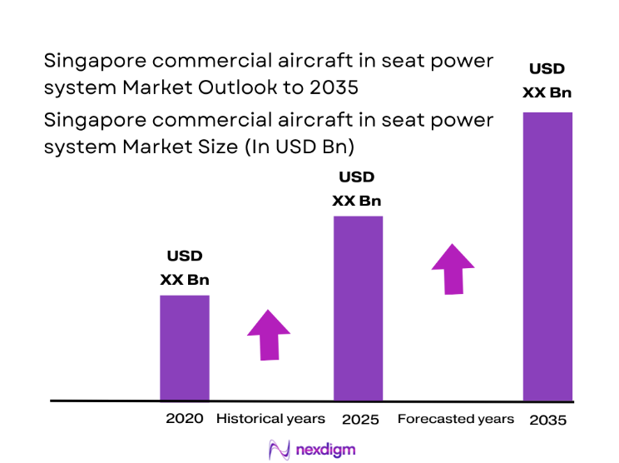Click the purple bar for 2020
[184, 347]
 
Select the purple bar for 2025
[358, 308]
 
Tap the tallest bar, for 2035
[547, 256]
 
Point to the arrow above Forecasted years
[453, 269]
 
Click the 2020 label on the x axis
[184, 419]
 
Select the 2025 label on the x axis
[360, 420]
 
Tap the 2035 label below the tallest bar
[547, 420]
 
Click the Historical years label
[270, 419]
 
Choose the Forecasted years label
[455, 419]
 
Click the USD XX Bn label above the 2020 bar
[184, 268]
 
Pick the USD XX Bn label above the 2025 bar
[356, 189]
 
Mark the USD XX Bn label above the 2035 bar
[547, 81]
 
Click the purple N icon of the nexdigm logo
[278, 450]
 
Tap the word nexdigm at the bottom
[325, 450]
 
